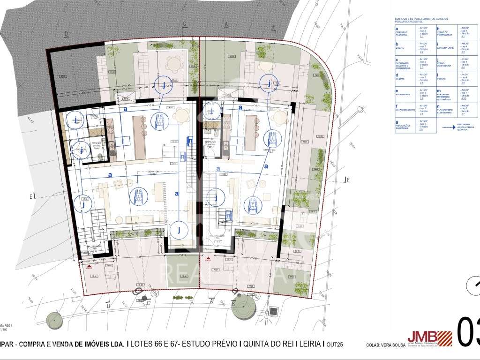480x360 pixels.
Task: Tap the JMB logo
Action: click(x=429, y=337)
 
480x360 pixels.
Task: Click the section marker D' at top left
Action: click(x=67, y=33)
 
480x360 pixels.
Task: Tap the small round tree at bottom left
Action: click(x=54, y=321)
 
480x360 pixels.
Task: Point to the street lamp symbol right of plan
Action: click(x=360, y=110)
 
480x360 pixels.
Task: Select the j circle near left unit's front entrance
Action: click(x=178, y=230)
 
